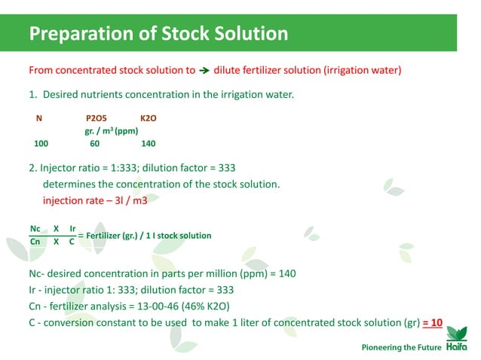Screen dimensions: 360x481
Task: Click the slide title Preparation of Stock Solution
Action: pos(158,34)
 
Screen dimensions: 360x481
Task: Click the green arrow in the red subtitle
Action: pos(204,72)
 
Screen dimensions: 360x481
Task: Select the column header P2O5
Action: pos(97,119)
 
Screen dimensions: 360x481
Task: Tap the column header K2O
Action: pos(149,119)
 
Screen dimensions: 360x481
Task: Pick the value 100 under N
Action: pos(41,143)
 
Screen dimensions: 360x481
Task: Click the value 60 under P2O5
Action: pos(94,143)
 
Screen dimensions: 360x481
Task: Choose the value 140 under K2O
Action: pos(149,143)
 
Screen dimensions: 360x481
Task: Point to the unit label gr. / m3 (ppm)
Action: pos(110,131)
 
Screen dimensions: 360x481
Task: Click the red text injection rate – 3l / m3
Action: pos(94,201)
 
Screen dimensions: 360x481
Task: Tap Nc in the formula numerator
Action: pos(35,228)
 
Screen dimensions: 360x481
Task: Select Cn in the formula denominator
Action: pos(35,243)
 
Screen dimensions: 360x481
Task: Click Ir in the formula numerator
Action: pos(72,228)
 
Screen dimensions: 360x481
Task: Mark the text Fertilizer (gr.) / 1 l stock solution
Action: pos(149,236)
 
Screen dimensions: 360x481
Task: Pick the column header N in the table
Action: pos(38,119)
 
